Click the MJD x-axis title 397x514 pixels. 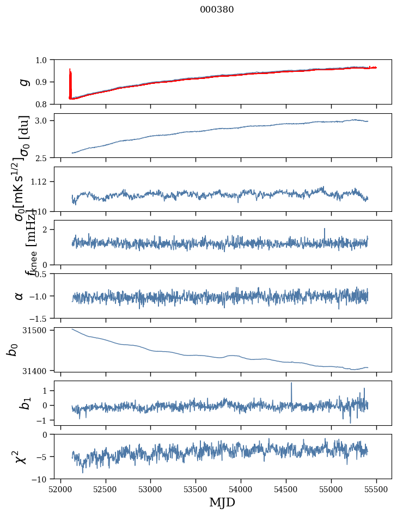pos(222,502)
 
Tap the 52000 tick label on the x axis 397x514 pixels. pos(60,489)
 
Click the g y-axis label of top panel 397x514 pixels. pos(23,82)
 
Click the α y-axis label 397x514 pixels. pos(19,295)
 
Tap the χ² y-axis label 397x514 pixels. pos(21,456)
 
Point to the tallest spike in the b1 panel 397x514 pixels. pos(291,383)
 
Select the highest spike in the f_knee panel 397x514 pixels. pos(325,229)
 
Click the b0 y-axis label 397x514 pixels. pos(12,349)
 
